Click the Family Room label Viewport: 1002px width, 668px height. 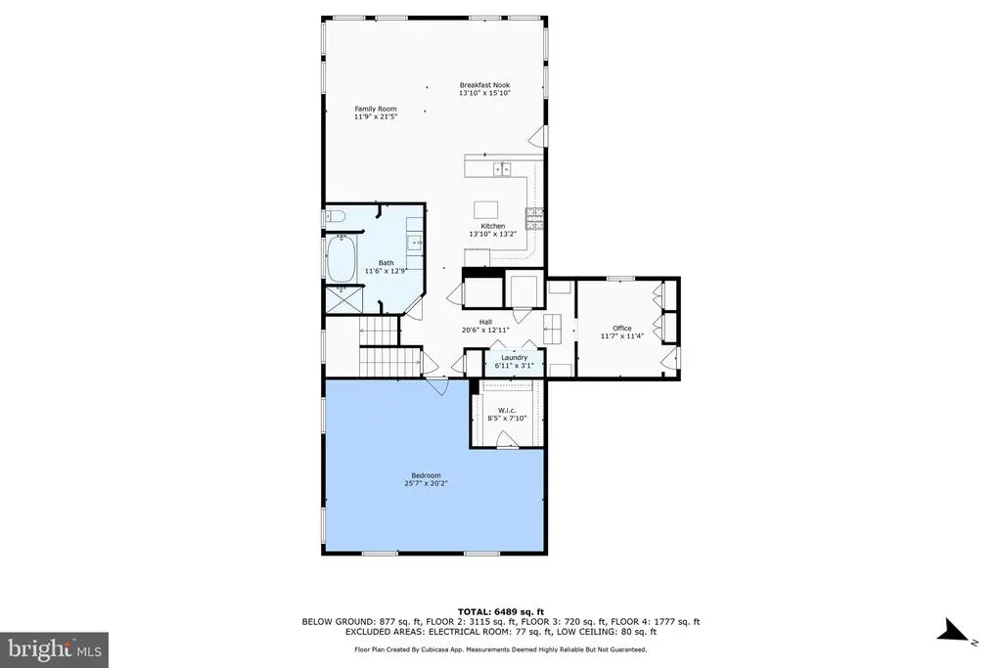376,109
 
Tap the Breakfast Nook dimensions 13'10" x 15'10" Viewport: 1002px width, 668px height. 484,93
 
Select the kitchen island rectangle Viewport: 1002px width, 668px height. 485,210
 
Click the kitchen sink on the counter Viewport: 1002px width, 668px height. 502,168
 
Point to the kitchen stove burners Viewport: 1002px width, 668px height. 534,218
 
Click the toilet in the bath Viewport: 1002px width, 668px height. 336,216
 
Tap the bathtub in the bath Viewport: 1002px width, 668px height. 342,259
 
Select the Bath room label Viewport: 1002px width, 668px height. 386,262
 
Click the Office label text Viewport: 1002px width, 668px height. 621,329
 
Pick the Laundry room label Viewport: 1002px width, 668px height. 515,358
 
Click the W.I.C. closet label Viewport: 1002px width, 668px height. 507,411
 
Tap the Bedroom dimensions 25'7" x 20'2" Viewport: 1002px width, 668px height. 426,483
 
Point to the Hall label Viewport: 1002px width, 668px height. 485,323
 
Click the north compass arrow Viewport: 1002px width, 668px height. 953,631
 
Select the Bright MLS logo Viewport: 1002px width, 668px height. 55,650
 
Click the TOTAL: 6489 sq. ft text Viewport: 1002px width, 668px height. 501,612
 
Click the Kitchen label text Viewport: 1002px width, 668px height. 493,226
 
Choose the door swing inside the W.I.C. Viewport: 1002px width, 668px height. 508,439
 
